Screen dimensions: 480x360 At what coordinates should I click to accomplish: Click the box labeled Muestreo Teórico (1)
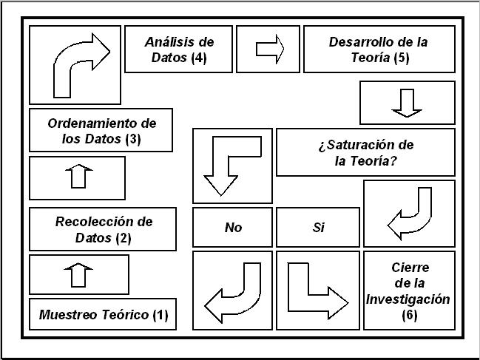103,314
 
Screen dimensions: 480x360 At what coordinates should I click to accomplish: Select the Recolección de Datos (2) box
103,229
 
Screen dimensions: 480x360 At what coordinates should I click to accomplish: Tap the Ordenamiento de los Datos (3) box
101,130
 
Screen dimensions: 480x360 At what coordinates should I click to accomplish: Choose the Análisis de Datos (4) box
179,50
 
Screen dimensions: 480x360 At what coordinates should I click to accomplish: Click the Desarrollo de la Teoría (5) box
379,50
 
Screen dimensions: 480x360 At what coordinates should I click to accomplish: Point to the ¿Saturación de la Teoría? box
366,152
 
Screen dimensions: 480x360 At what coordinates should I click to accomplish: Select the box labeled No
233,227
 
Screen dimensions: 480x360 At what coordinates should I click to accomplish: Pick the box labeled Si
318,227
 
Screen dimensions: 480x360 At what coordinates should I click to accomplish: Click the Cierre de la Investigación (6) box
409,291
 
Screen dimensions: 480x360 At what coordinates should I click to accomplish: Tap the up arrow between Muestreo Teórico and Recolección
78,275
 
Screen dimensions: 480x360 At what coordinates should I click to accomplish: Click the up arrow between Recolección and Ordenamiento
78,177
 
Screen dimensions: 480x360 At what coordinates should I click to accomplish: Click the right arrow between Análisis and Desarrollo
270,50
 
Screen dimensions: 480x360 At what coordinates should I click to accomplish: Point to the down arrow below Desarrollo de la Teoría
407,103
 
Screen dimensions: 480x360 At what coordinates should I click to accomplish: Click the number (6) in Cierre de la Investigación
409,315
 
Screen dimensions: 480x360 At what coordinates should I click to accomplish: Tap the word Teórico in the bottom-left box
125,314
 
